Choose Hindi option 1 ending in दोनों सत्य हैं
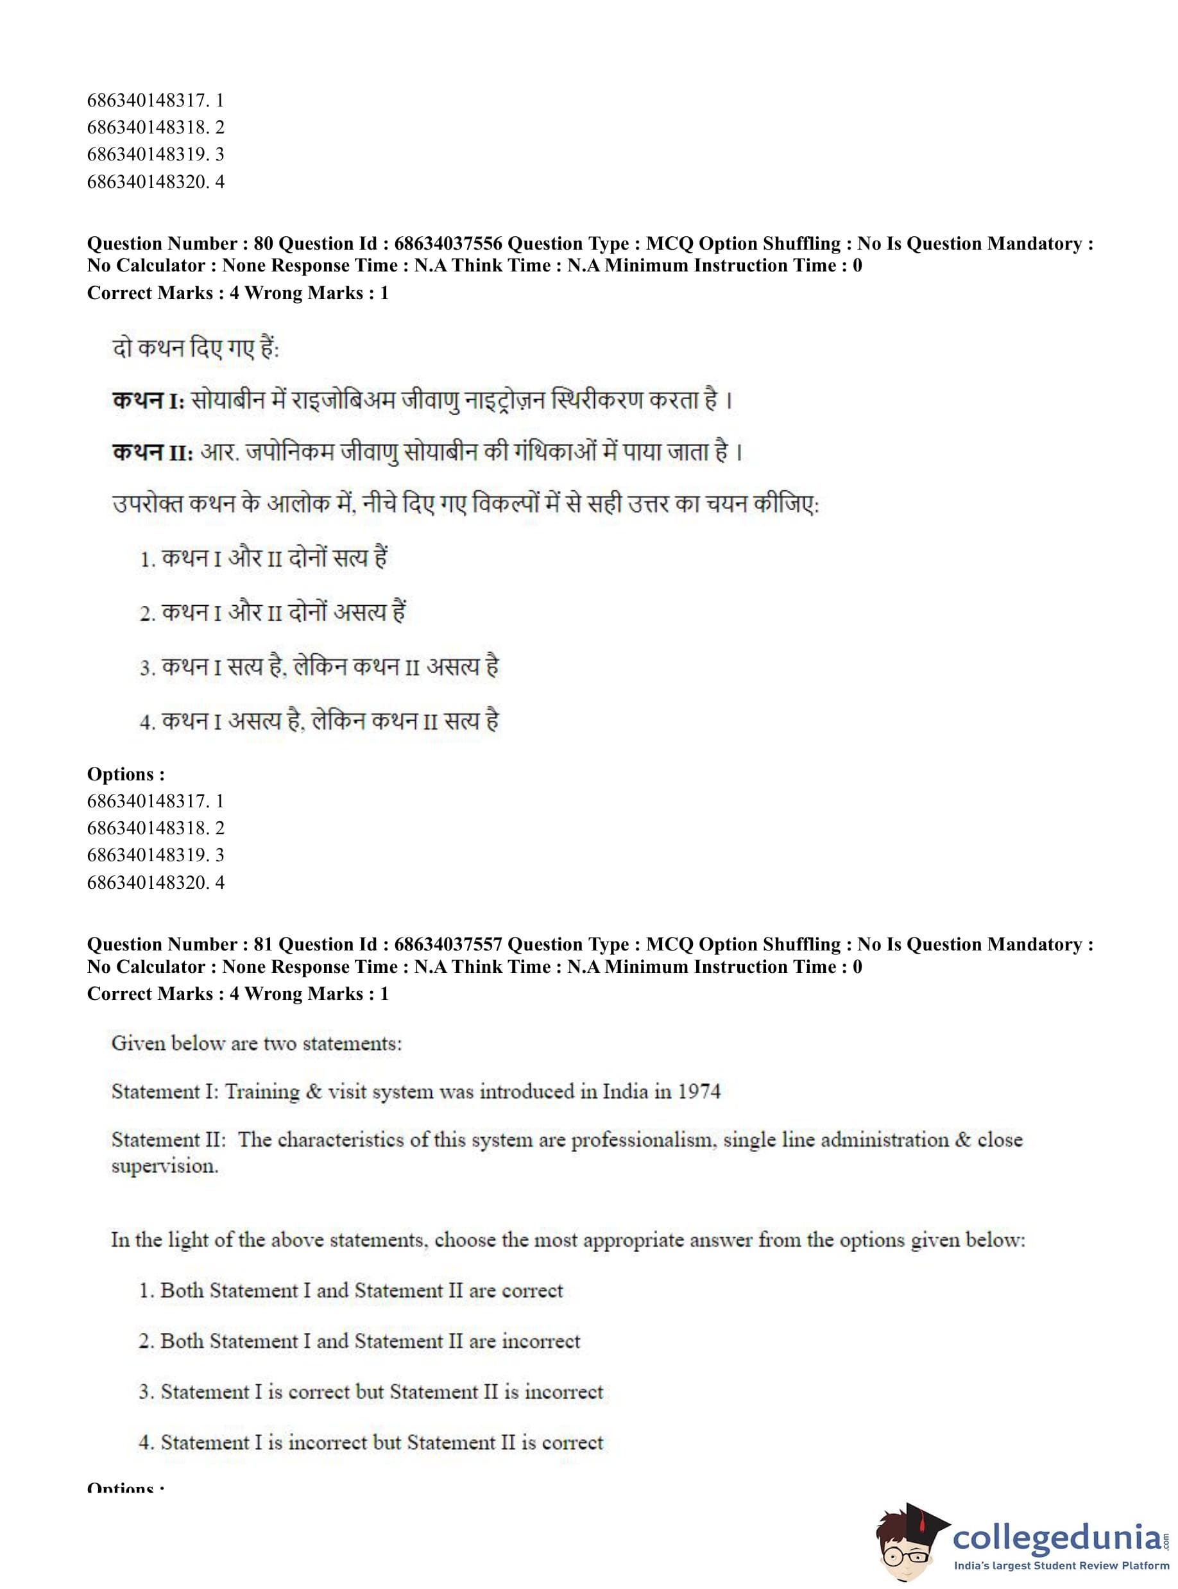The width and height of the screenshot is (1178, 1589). click(x=264, y=558)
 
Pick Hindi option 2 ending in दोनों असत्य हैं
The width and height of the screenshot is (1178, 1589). click(x=273, y=613)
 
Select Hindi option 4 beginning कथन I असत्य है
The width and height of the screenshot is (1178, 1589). click(x=320, y=721)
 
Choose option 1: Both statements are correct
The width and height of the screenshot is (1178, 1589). click(x=351, y=1291)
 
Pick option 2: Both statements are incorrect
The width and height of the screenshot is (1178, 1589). click(x=359, y=1341)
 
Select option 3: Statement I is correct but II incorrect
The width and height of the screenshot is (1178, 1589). click(x=371, y=1392)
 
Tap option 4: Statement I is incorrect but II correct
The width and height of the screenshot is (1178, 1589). click(x=371, y=1443)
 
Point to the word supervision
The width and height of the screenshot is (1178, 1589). click(x=164, y=1167)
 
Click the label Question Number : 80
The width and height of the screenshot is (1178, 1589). click(x=180, y=244)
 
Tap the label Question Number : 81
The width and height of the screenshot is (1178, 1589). click(x=180, y=945)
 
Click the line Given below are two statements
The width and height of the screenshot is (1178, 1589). click(x=257, y=1044)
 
